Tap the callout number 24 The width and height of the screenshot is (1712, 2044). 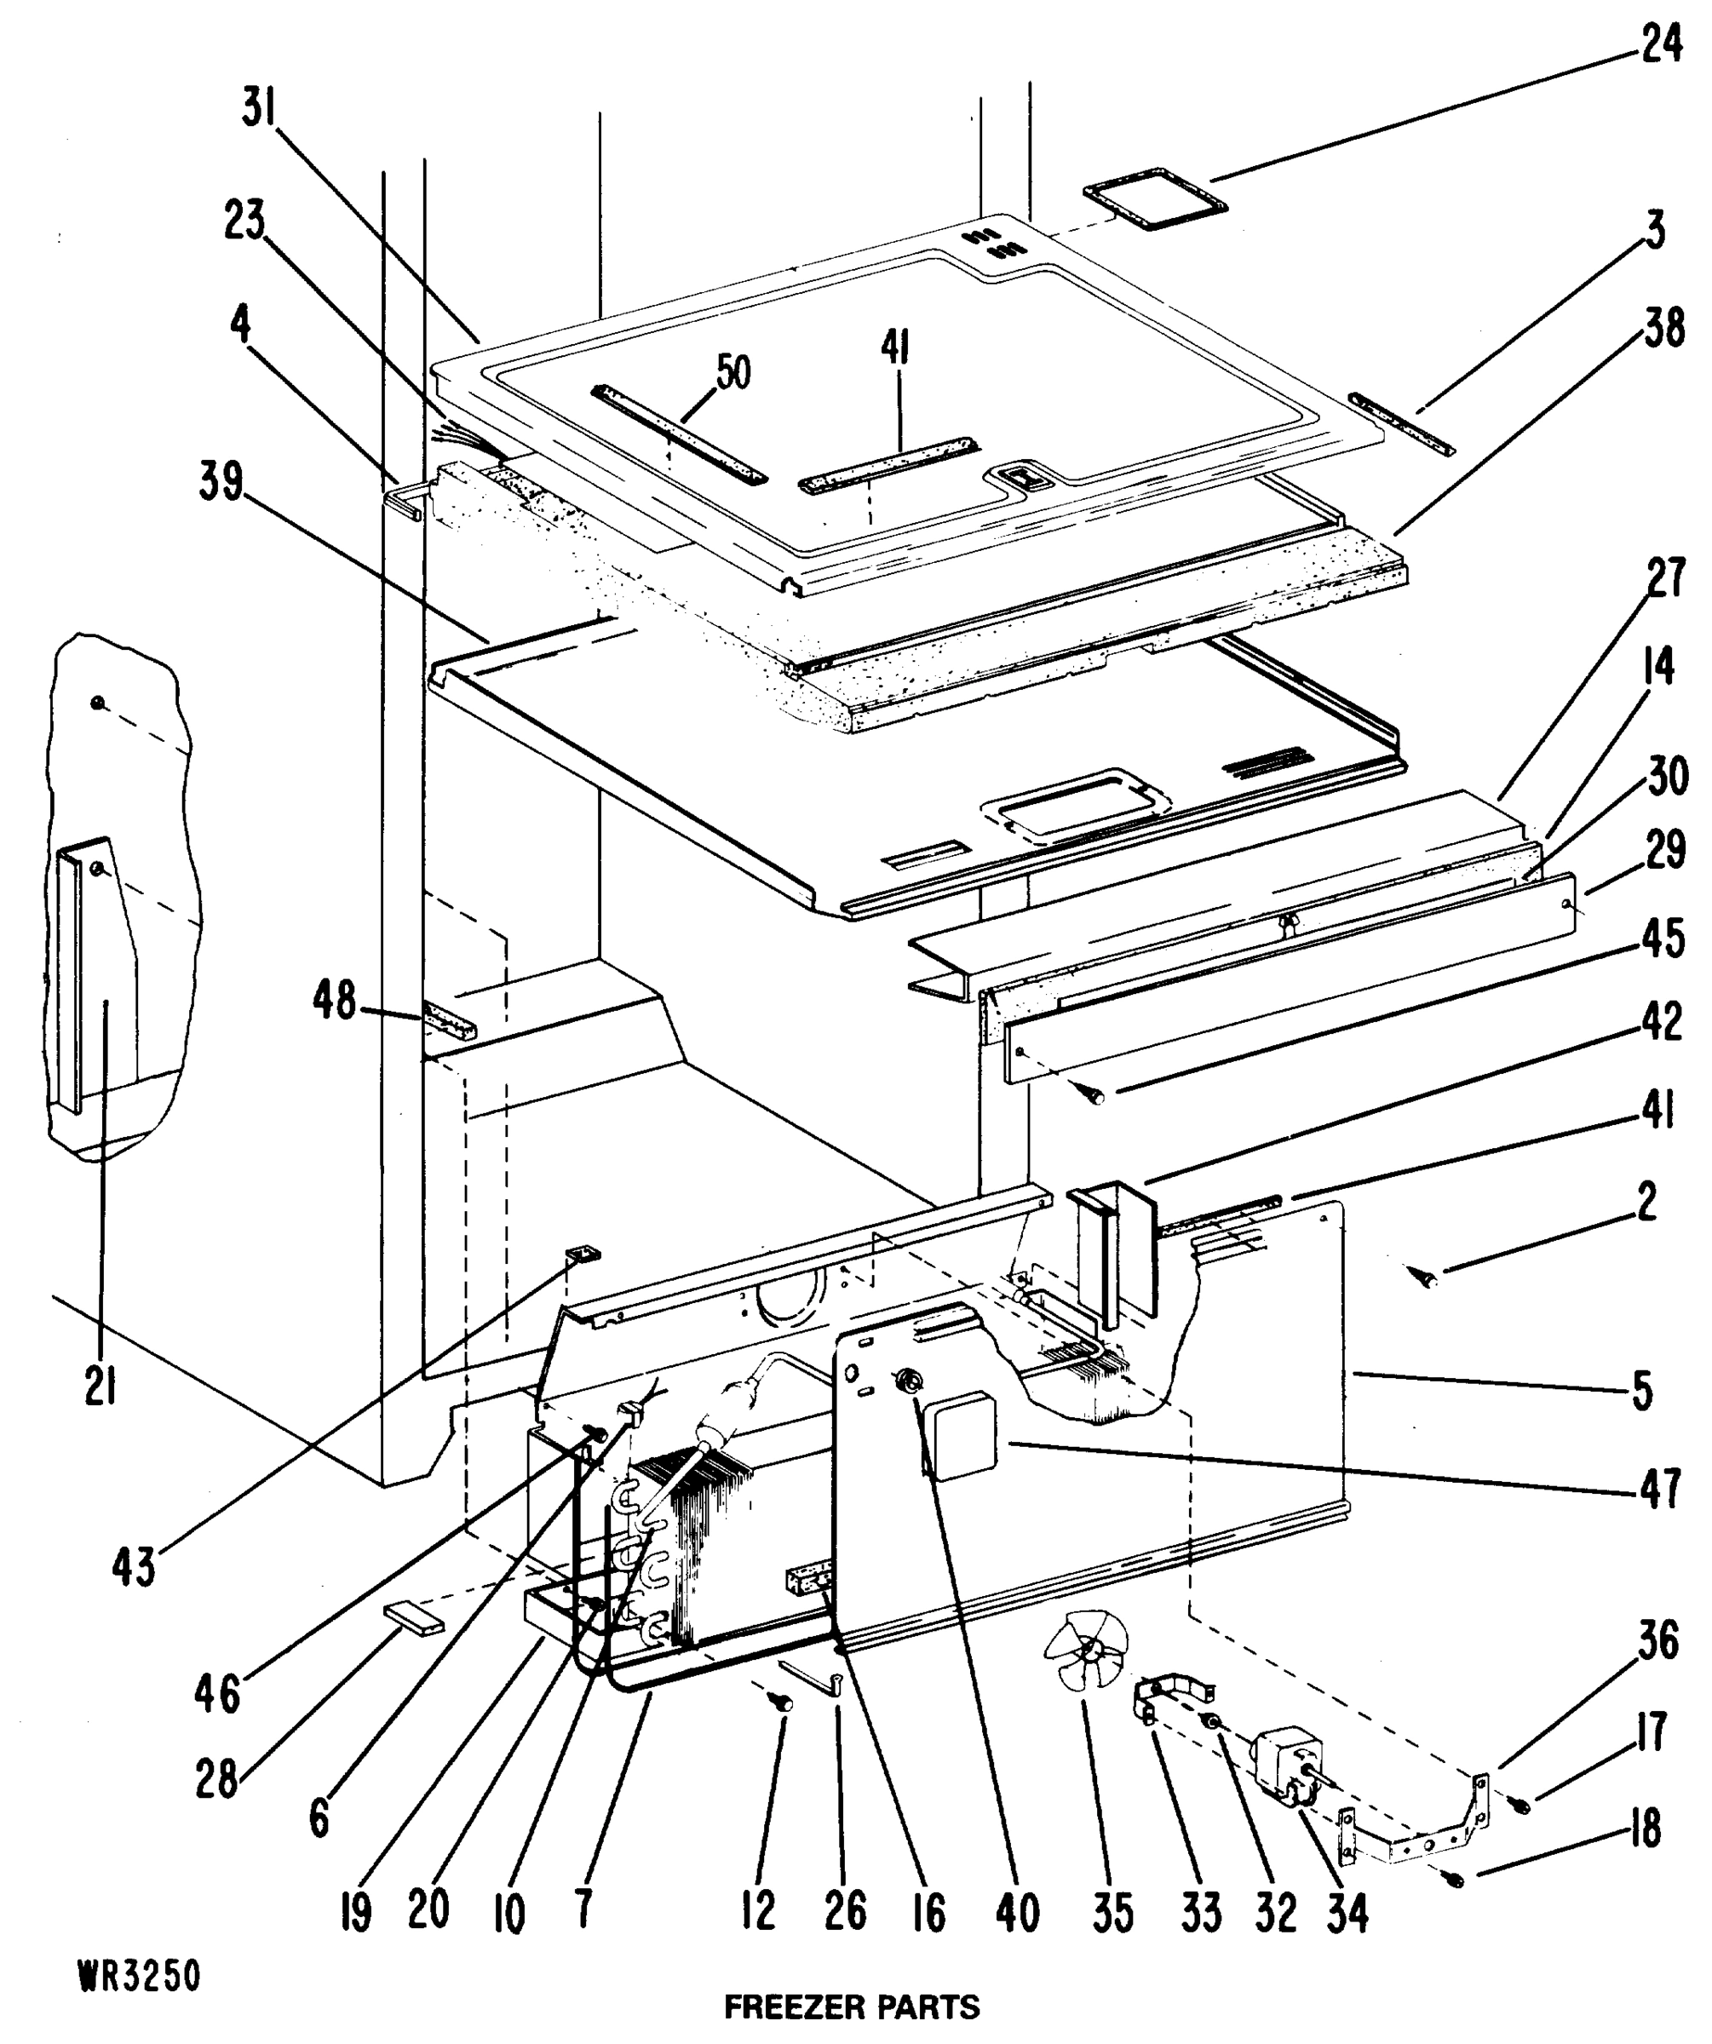[x=1660, y=43]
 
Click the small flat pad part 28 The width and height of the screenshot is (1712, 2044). [x=415, y=1617]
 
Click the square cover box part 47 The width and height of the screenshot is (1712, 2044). [x=964, y=1433]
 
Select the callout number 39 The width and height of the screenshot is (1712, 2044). [x=221, y=481]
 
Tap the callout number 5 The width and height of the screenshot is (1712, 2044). [x=1642, y=1391]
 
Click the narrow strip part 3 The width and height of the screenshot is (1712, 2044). [x=1400, y=422]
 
